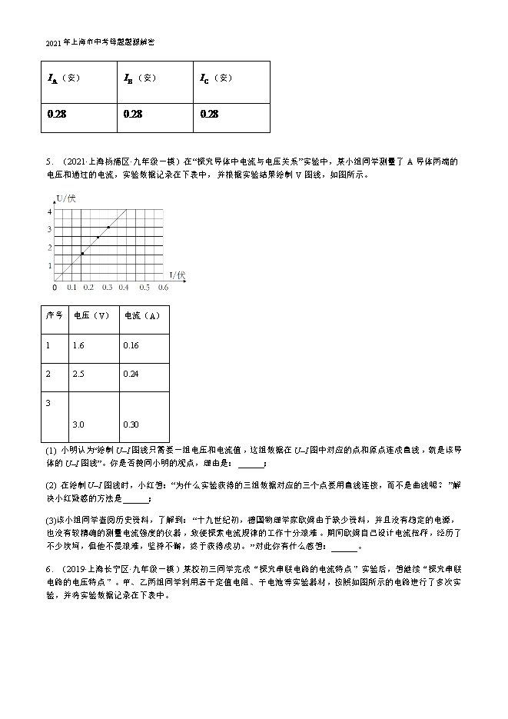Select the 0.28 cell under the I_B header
pos(133,114)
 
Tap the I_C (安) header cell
pos(215,78)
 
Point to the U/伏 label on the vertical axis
pos(66,199)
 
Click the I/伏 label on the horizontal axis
pos(177,275)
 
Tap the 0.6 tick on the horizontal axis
pos(163,288)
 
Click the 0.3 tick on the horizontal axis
pos(108,288)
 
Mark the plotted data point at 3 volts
pos(108,228)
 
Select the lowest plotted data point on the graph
pos(82,253)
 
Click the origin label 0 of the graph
pos(55,288)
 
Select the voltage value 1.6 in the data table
pos(78,345)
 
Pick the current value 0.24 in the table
pos(131,374)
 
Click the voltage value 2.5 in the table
pos(78,374)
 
